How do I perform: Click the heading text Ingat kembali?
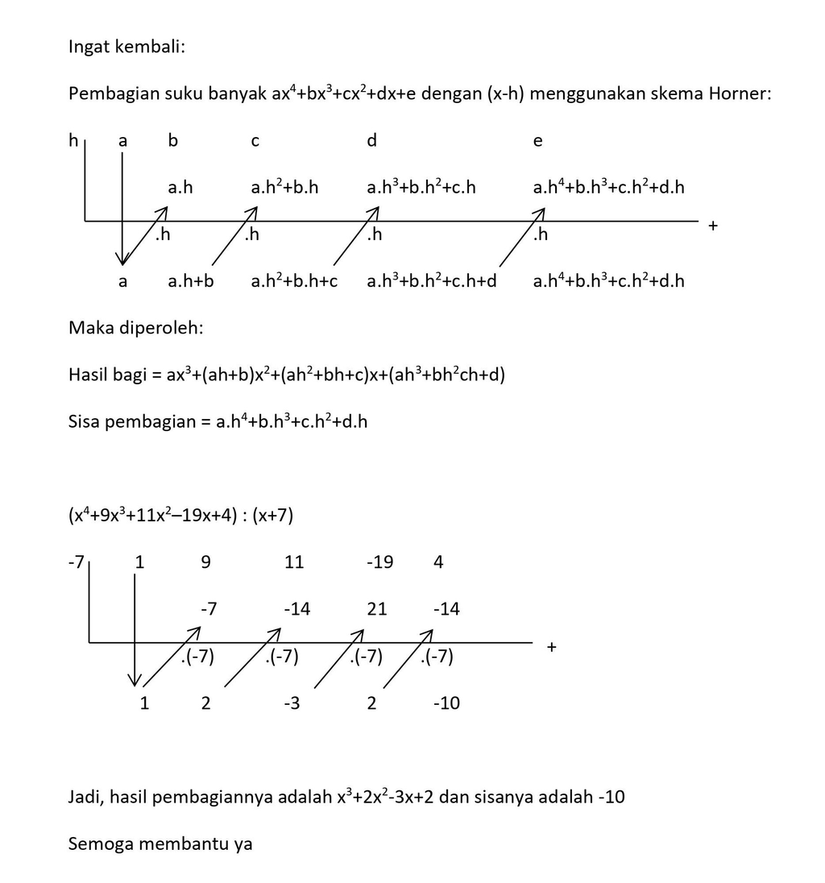tap(126, 47)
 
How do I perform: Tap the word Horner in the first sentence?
tap(740, 94)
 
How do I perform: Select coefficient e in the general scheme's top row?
tap(538, 141)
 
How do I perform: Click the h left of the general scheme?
tap(73, 141)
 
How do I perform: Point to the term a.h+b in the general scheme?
tap(191, 281)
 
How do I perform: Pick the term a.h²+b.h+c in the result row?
tap(294, 281)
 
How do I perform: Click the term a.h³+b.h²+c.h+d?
tap(432, 281)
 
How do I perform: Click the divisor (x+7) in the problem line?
tap(272, 516)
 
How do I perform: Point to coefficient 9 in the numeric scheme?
tap(205, 562)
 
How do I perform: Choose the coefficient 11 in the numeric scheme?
tap(294, 562)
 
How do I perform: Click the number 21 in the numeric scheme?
tap(377, 609)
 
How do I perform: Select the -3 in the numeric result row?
tap(292, 703)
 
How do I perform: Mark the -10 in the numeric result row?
tap(446, 703)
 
